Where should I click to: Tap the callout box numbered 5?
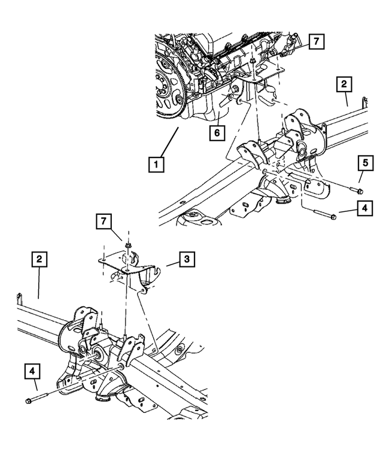(x=363, y=162)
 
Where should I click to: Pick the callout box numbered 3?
(x=187, y=259)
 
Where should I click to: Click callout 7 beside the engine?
(x=316, y=41)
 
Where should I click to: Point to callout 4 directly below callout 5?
(x=363, y=209)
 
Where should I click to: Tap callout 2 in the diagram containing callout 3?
(x=38, y=259)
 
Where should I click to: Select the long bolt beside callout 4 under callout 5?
(x=324, y=215)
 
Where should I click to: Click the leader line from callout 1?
(x=170, y=141)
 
